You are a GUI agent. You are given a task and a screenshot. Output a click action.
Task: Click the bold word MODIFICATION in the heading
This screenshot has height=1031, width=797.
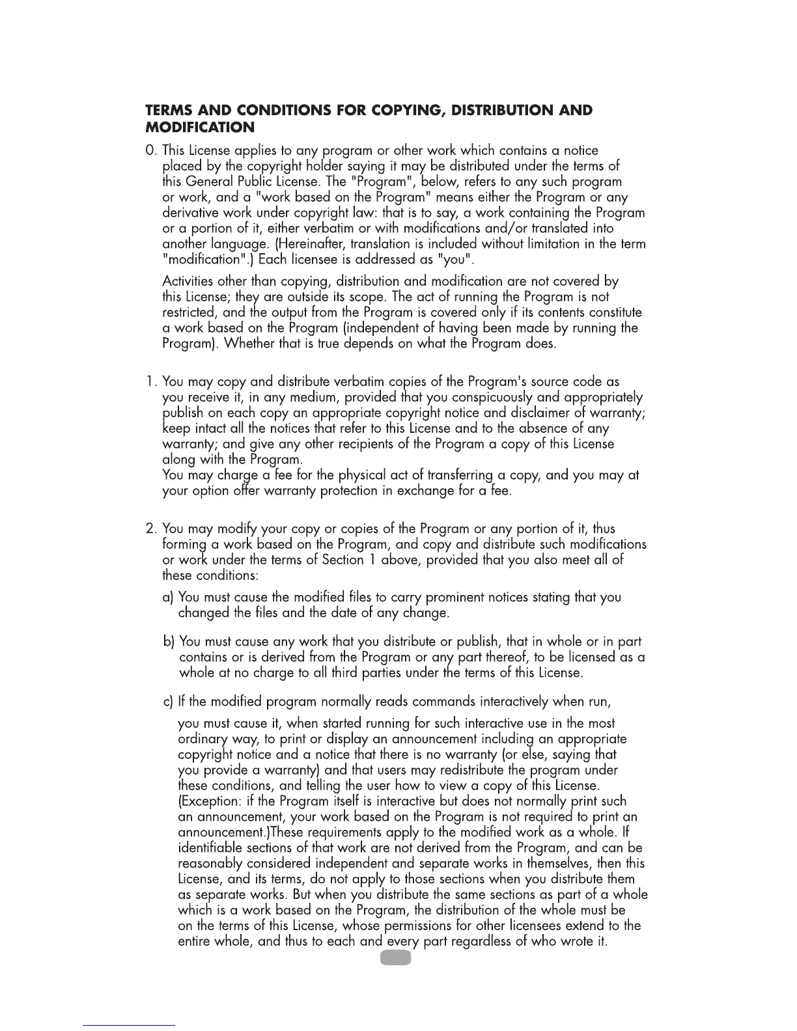[x=199, y=127]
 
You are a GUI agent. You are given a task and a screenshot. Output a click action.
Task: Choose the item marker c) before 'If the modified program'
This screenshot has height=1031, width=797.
[x=167, y=702]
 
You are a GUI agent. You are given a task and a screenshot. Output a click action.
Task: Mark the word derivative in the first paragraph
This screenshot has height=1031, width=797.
[x=190, y=213]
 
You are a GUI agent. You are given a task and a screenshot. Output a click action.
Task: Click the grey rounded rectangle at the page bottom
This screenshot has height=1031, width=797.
[x=395, y=958]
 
